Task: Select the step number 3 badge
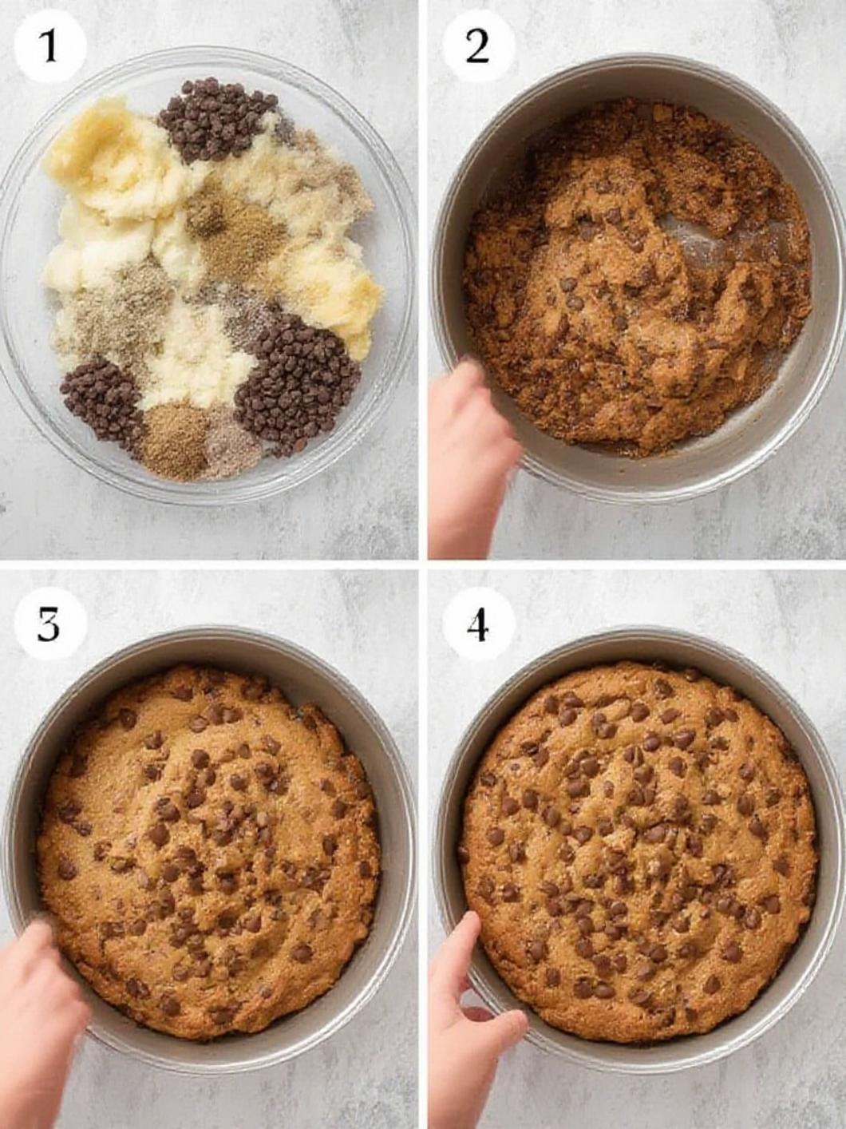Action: click(x=50, y=628)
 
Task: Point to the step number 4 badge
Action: click(x=477, y=628)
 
